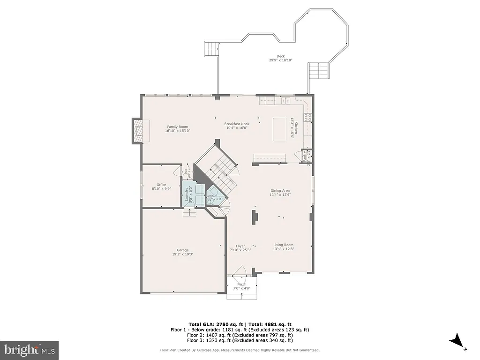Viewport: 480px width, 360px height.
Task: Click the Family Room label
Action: (177, 127)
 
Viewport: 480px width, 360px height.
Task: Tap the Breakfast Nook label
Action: (236, 124)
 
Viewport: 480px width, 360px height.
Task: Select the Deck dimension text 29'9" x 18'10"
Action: (280, 60)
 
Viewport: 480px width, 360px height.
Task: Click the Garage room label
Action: (182, 250)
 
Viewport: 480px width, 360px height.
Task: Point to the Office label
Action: (161, 185)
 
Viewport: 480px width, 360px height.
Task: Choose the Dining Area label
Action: (280, 191)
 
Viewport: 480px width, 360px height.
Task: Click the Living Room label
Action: (283, 245)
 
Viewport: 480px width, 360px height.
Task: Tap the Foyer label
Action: (240, 246)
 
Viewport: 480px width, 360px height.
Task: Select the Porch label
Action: (241, 285)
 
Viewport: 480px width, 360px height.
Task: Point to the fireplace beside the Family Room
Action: (139, 131)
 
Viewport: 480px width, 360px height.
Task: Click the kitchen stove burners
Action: (308, 118)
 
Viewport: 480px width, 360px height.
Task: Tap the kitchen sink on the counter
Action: (285, 100)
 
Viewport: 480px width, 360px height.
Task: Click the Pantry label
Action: (304, 156)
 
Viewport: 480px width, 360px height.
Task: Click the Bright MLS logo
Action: (29, 350)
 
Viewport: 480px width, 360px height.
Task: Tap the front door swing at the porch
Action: (240, 272)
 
